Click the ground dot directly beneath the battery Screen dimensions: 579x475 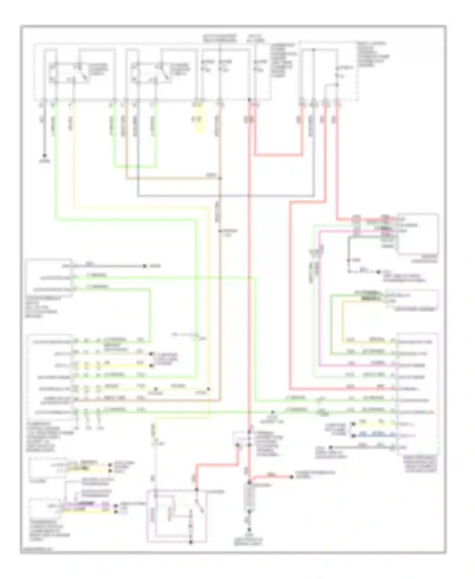[x=250, y=530]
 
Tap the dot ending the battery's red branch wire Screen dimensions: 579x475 [x=292, y=477]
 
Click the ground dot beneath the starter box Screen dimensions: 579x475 [x=191, y=543]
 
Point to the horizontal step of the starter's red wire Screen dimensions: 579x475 [x=217, y=465]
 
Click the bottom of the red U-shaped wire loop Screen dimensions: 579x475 [x=279, y=155]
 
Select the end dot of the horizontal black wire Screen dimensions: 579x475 [x=145, y=266]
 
